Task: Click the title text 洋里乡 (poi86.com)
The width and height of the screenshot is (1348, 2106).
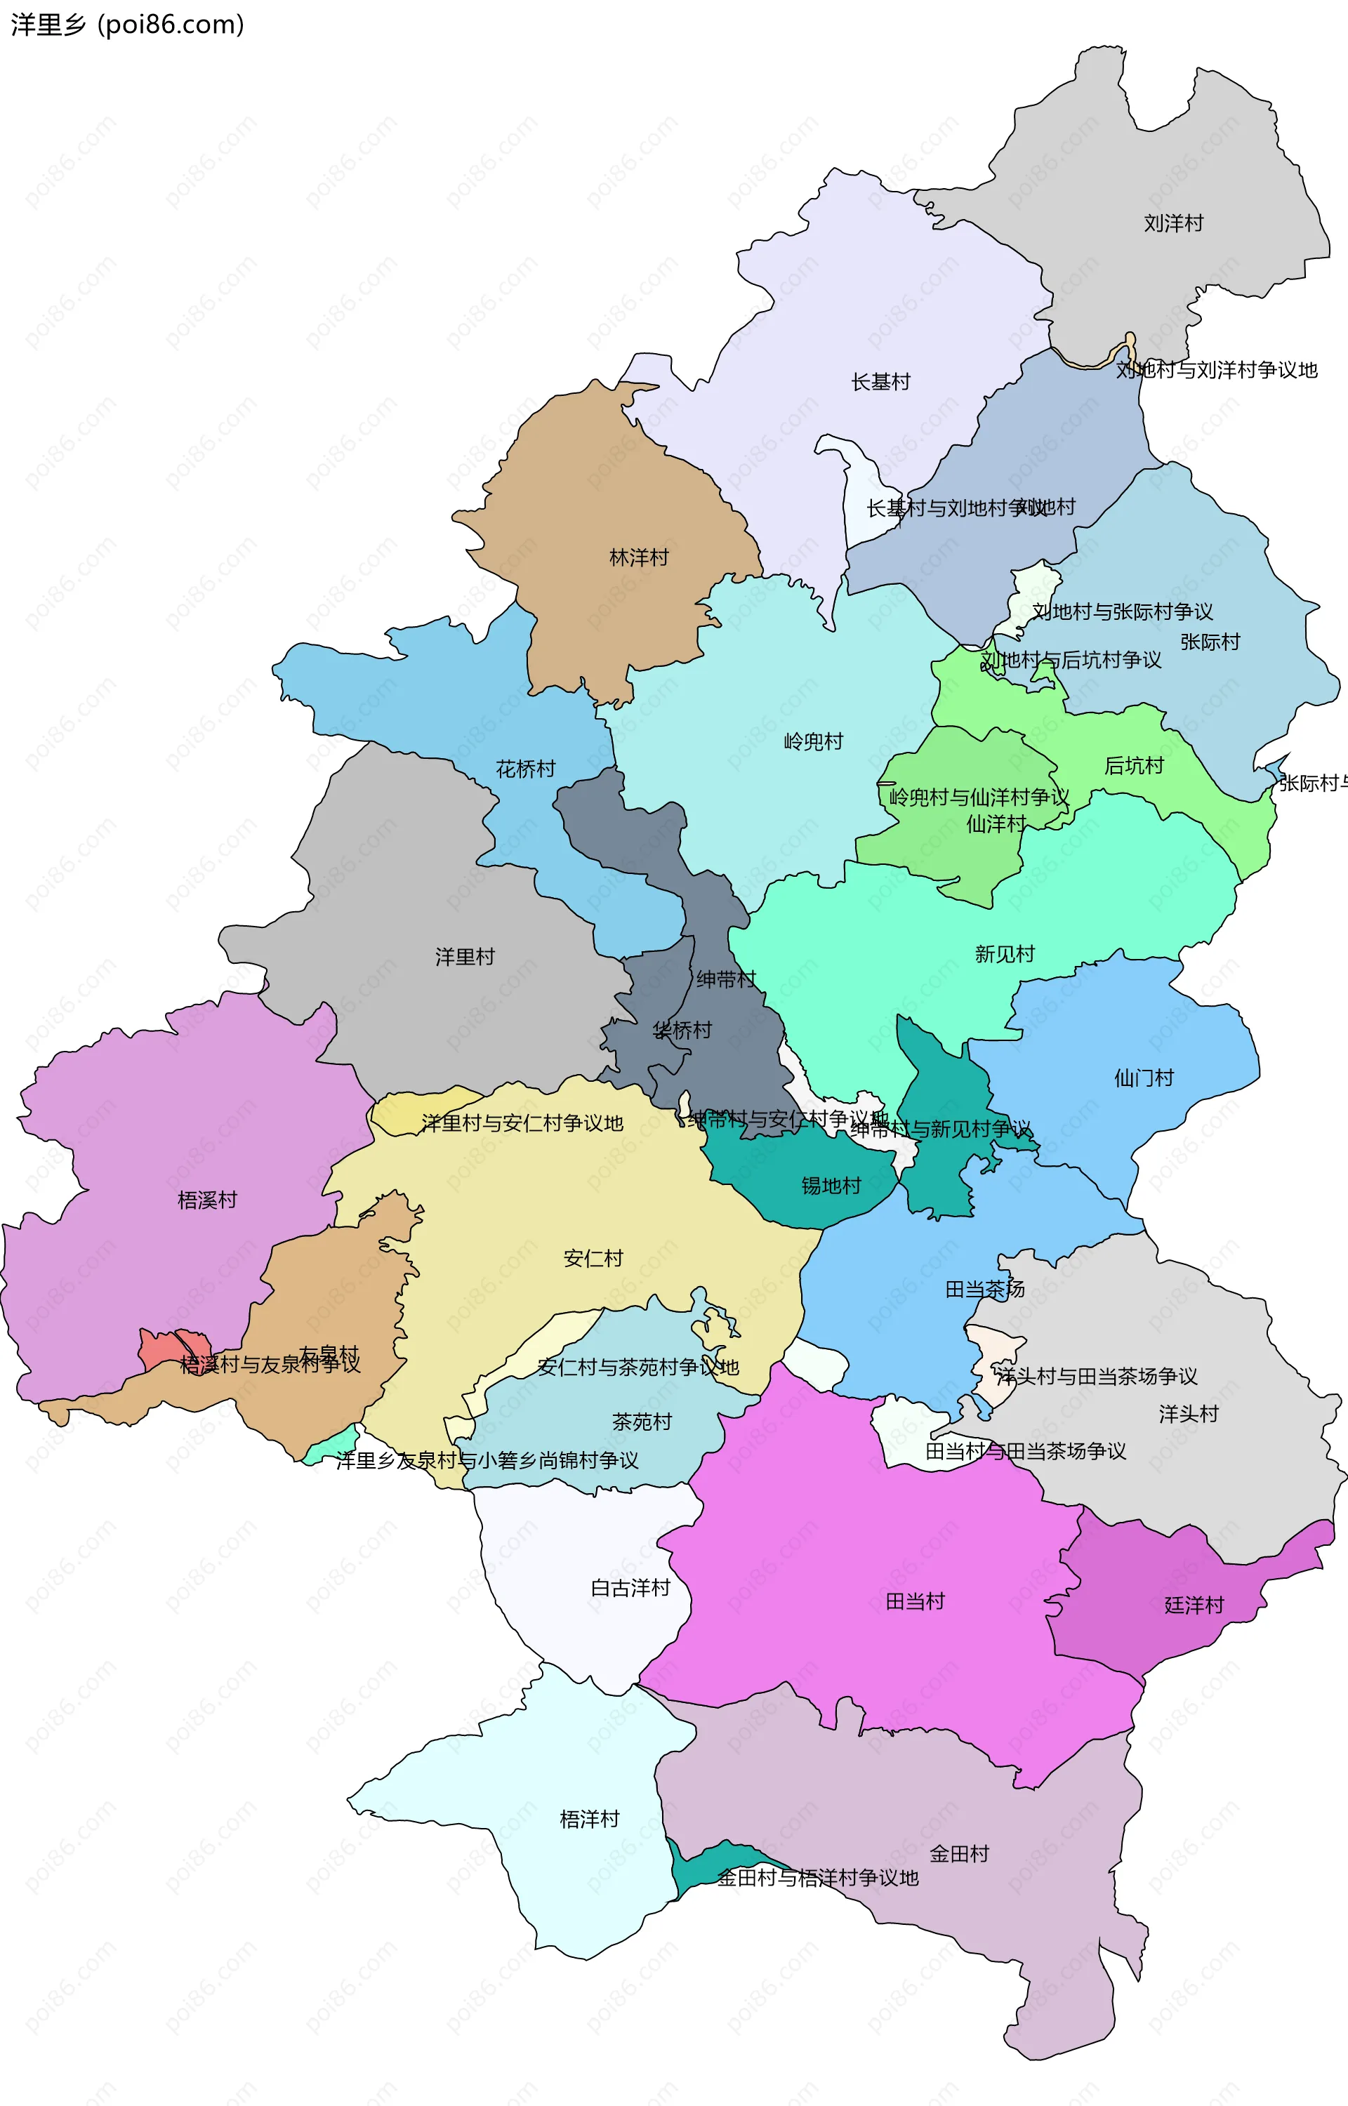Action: (127, 25)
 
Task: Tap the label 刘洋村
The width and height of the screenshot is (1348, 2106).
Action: (1173, 223)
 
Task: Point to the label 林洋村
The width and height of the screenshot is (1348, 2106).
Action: (638, 557)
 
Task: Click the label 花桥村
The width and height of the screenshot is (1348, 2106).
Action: (525, 769)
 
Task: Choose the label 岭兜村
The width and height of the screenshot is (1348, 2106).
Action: (813, 742)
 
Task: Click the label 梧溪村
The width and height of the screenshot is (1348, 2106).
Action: (207, 1200)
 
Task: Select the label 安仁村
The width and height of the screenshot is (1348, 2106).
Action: (593, 1258)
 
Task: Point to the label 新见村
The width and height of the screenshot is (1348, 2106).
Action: (1004, 955)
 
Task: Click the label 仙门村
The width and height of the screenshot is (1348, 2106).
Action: (1143, 1078)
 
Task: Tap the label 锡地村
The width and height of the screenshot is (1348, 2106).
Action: (831, 1186)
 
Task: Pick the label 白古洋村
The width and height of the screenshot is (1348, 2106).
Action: (630, 1588)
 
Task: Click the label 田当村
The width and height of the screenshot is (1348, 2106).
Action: (915, 1602)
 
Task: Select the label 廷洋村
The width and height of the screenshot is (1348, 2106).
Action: (1193, 1605)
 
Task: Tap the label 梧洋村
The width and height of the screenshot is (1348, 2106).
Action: (589, 1819)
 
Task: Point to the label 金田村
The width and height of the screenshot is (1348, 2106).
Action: (958, 1853)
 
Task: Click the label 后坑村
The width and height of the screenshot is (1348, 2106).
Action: (1134, 767)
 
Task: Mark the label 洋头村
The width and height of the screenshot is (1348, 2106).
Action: (1188, 1414)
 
